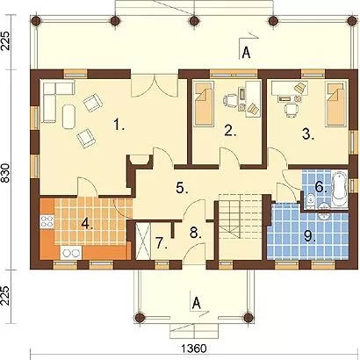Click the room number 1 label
[x=119, y=126]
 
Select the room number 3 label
[x=308, y=134]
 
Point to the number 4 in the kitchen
[x=87, y=224]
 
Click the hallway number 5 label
[x=182, y=188]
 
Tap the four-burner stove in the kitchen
[x=47, y=221]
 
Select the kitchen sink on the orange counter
[x=71, y=253]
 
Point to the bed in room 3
[x=335, y=104]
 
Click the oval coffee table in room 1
[x=68, y=117]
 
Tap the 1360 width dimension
[x=194, y=349]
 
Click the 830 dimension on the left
[x=6, y=174]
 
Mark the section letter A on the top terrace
[x=247, y=53]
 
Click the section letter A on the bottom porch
[x=197, y=303]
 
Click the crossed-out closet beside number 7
[x=143, y=241]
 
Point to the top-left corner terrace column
[x=36, y=20]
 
